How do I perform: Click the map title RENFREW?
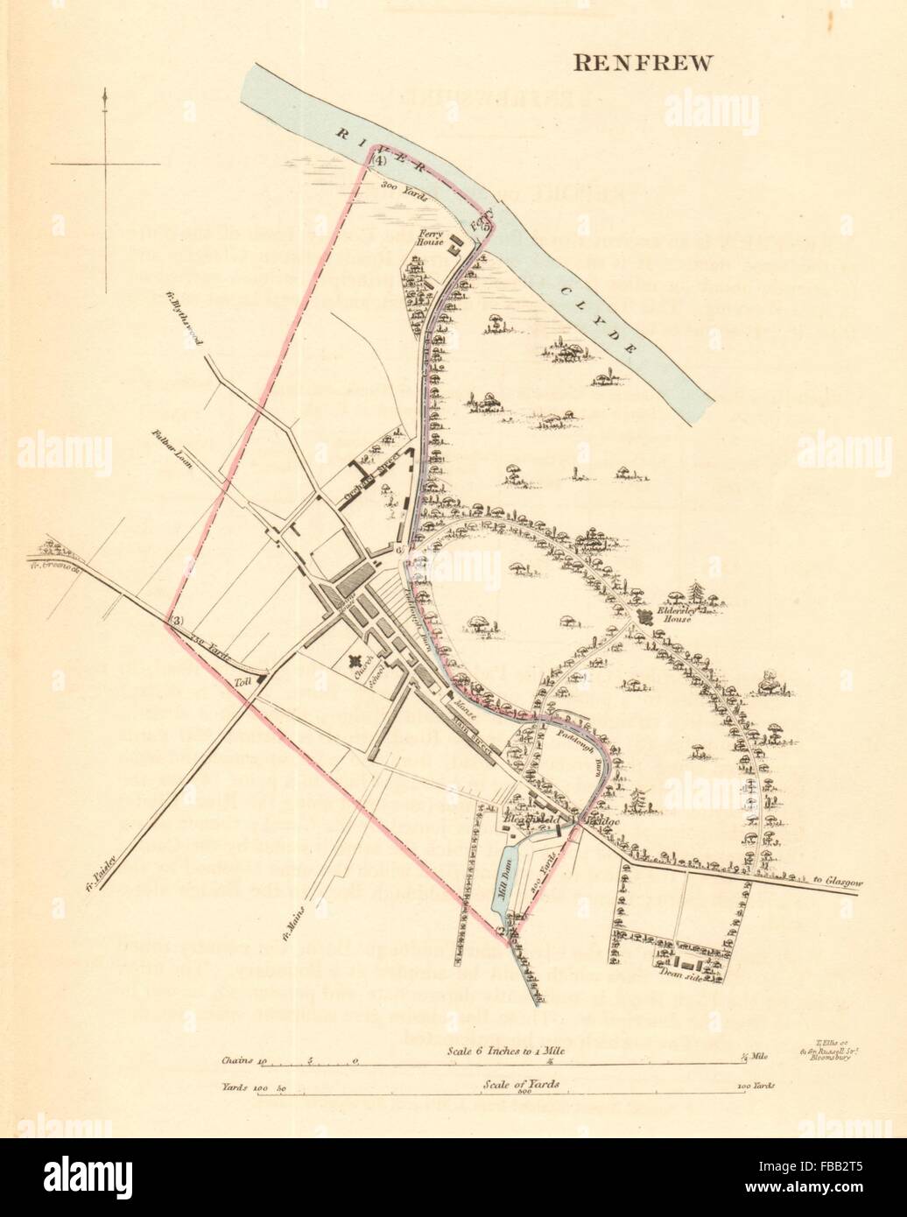[x=643, y=62]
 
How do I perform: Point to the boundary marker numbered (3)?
[x=177, y=622]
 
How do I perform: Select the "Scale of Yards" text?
[x=522, y=1084]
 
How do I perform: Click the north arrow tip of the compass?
[x=105, y=90]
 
